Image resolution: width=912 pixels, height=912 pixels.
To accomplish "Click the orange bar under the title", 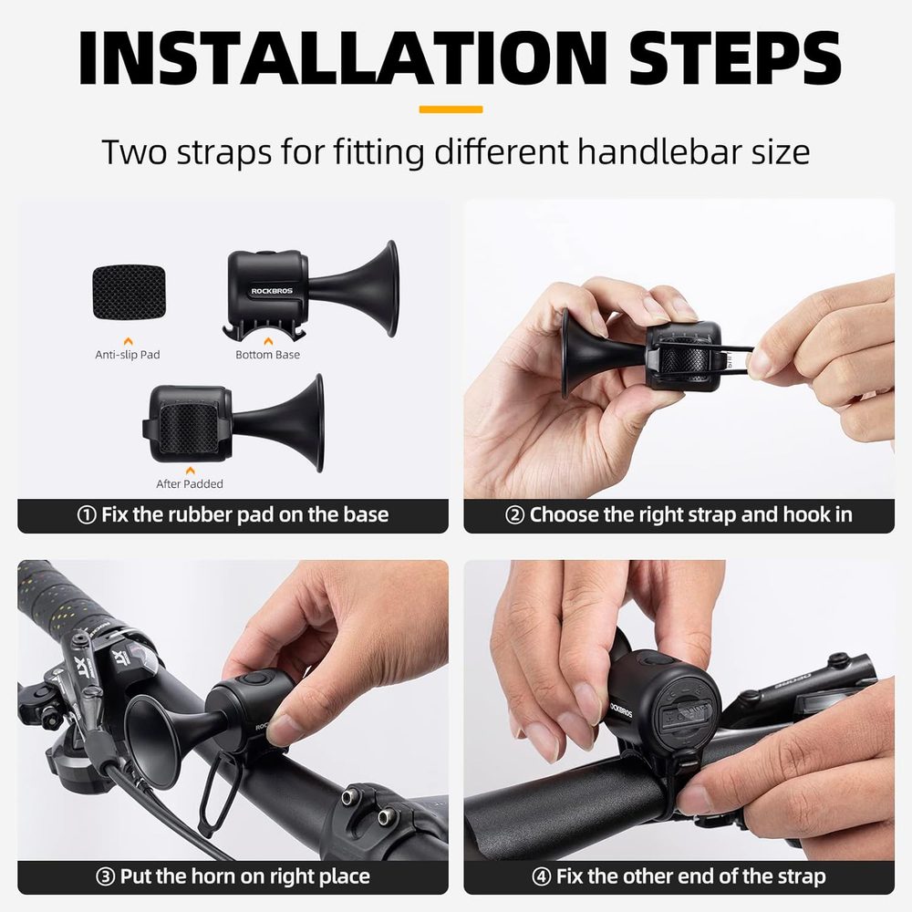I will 451,109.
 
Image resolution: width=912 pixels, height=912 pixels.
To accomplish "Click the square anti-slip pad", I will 128,292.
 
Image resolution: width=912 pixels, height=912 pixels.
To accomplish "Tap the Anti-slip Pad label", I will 128,354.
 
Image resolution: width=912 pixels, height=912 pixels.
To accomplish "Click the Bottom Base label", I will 267,354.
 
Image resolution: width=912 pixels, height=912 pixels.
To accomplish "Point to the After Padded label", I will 190,483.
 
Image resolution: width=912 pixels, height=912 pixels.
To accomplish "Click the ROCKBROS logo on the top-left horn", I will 272,291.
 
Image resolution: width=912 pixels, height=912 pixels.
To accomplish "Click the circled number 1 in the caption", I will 87,515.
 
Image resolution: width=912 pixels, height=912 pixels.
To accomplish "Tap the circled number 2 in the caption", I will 514,515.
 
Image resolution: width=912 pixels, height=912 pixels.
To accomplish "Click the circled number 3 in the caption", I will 105,877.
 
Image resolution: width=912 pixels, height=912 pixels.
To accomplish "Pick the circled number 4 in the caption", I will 542,877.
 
